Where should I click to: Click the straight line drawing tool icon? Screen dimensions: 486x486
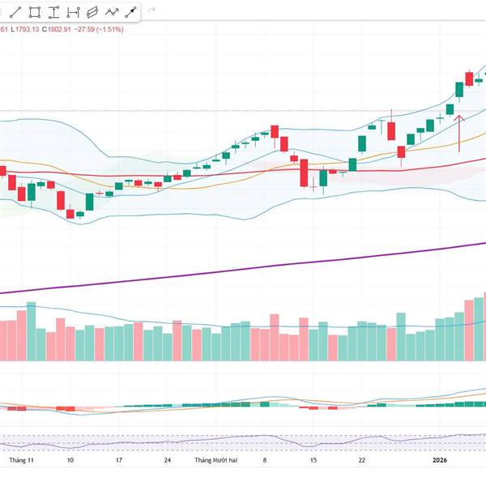tap(16, 12)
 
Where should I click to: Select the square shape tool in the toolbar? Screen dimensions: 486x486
tap(35, 12)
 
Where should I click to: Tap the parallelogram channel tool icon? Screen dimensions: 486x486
tap(91, 12)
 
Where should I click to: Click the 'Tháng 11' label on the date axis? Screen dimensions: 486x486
tap(20, 460)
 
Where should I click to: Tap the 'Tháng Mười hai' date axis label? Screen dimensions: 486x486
tap(217, 460)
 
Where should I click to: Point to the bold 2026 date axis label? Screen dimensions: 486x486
tap(439, 460)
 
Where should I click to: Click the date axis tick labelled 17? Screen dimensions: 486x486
tap(118, 460)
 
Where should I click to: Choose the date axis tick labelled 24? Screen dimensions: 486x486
tap(166, 460)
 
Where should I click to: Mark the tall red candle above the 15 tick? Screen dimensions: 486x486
tap(304, 172)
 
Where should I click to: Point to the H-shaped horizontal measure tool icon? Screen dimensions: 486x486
tap(72, 12)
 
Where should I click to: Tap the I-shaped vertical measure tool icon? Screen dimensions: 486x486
tap(53, 12)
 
